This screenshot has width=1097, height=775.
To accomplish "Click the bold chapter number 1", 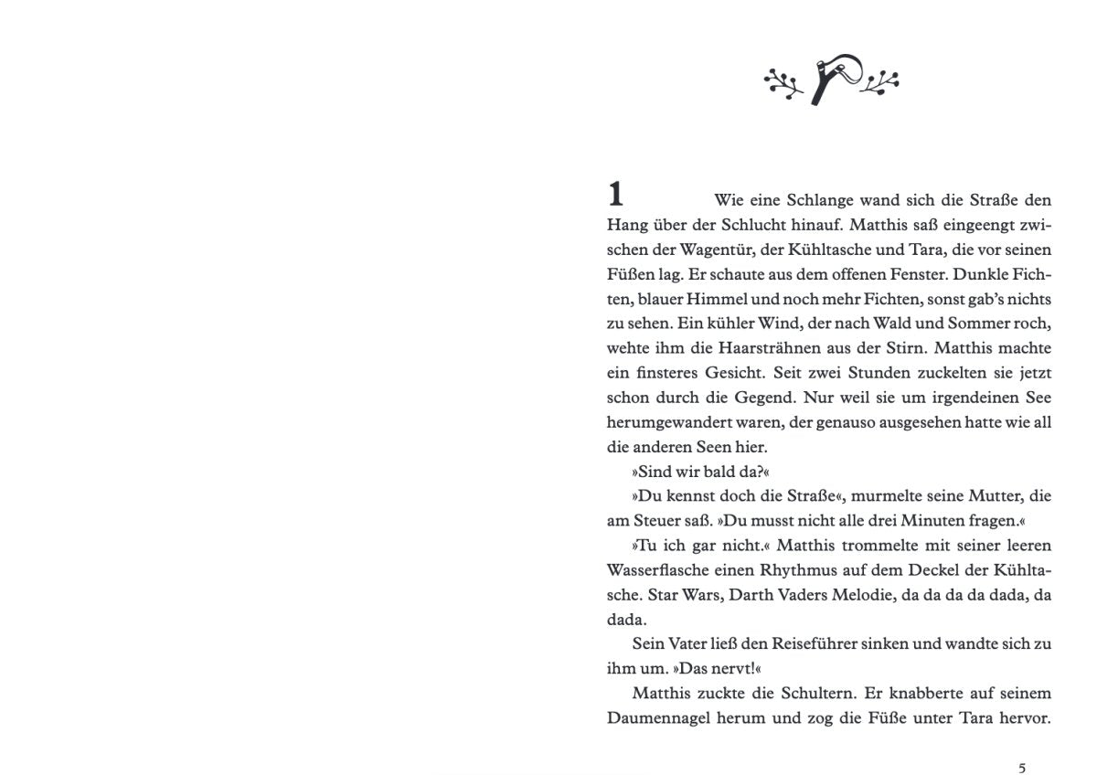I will [x=616, y=195].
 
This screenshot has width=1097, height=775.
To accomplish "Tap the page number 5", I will [x=1022, y=766].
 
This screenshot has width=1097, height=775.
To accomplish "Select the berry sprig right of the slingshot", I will [x=880, y=81].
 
